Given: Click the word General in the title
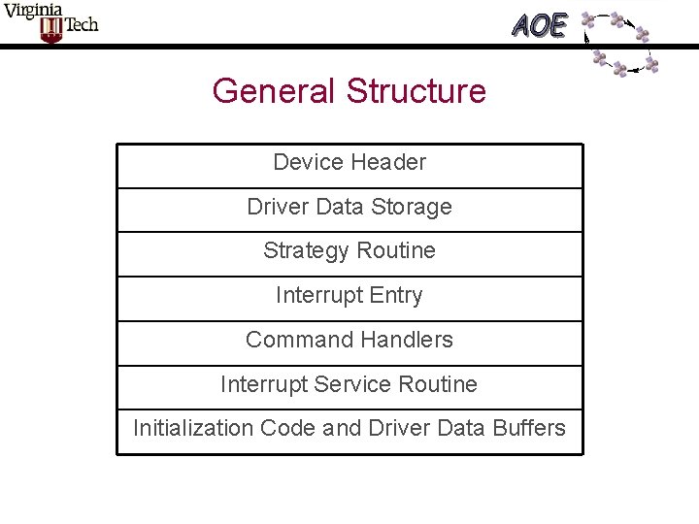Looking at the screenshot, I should [274, 91].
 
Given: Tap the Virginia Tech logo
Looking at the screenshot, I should [50, 23].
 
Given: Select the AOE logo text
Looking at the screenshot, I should [540, 25].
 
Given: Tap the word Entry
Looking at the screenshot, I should [395, 295].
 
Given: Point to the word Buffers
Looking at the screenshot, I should [529, 428].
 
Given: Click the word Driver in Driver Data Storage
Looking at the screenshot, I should [276, 207].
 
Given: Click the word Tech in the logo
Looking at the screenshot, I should [81, 25].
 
